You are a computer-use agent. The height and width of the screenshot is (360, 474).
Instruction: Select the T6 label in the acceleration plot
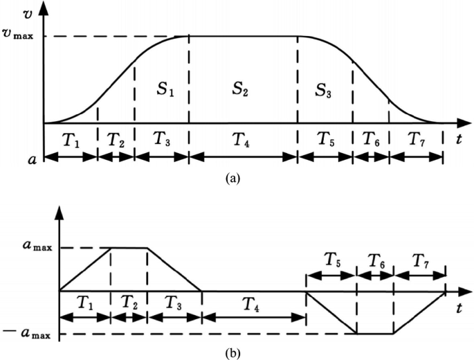374,261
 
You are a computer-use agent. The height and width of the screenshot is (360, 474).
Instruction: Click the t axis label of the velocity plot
460,138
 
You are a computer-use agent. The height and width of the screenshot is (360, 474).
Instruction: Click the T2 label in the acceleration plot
129,303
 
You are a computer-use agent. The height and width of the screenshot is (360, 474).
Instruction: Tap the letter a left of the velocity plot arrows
30,159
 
